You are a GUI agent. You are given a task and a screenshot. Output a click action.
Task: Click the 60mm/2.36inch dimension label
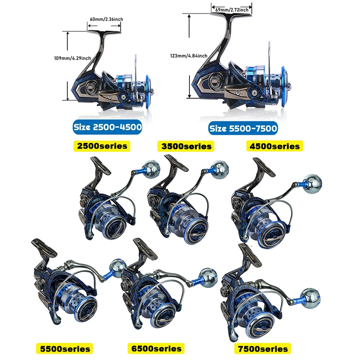point(106,19)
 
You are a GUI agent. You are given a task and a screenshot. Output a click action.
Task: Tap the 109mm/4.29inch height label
point(72,58)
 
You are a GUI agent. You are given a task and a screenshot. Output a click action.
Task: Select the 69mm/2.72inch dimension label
point(232,10)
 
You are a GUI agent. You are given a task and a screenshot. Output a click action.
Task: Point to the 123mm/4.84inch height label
point(189,56)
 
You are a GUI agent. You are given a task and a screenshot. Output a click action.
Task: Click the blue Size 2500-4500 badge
point(107,127)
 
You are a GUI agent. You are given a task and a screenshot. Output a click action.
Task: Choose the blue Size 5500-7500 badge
point(243,129)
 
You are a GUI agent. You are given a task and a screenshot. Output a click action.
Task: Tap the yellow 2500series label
point(102,146)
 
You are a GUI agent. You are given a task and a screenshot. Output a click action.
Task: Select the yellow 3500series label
point(186,146)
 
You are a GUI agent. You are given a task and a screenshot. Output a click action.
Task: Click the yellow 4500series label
point(275,146)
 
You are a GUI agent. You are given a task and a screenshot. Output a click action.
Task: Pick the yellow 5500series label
point(64,349)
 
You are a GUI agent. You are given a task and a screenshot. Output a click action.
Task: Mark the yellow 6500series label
point(156,348)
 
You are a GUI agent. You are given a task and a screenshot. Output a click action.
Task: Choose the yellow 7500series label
point(263,349)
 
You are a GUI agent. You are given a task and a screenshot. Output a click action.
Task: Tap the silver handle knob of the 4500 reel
point(313,184)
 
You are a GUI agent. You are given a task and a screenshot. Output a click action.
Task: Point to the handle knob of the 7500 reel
point(311,298)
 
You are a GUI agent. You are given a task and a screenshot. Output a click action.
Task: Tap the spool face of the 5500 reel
point(86,309)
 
